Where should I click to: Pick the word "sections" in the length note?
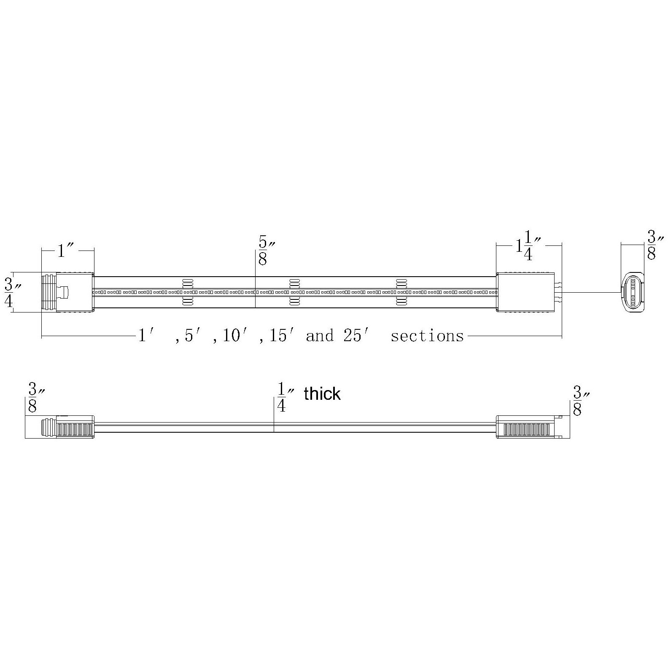pyautogui.click(x=427, y=336)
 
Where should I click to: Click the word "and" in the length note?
pyautogui.click(x=320, y=336)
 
